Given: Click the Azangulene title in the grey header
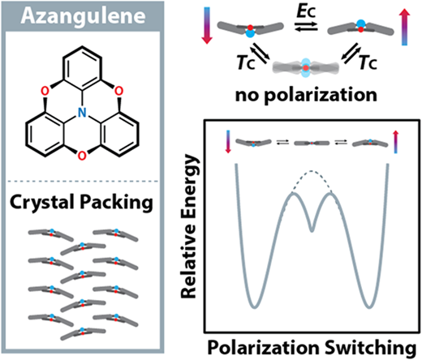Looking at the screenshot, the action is pos(83,16).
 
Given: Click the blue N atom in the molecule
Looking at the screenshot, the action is pos(82,113).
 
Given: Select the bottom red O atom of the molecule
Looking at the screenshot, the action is pos(82,156).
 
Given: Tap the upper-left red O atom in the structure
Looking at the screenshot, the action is pos(45,91).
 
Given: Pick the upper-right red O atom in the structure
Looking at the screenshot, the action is pos(118,91).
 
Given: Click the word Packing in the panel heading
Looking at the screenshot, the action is pos(116,203).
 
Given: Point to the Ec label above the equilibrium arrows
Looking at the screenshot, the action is pos(306,11).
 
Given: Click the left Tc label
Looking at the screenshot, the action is pos(246,62).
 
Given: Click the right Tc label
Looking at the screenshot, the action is pos(368,62).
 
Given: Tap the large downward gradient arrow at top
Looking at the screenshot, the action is pos(207,26).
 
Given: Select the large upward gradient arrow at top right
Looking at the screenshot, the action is pos(405,27).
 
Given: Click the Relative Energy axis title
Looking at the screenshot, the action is pos(188,226).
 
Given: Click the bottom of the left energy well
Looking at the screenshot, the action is pos(254,307).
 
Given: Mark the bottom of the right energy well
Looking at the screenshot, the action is pos(369,307).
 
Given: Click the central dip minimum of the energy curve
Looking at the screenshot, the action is pos(312,231).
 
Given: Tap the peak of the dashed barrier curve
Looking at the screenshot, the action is pos(312,171).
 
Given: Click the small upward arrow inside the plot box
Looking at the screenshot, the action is pos(396,142).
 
